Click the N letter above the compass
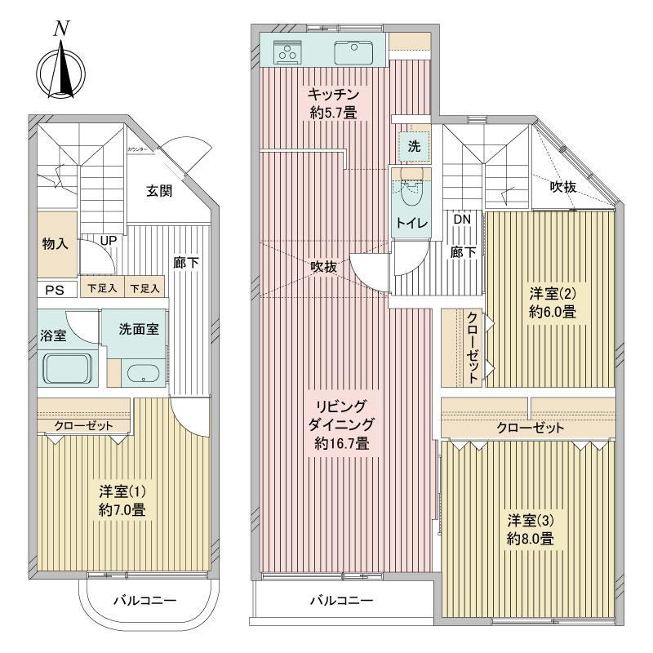tap(61, 29)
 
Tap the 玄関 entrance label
tap(159, 191)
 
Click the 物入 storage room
tap(57, 244)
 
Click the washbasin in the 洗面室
tap(143, 373)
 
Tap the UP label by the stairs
tap(109, 241)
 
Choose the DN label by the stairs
tap(462, 220)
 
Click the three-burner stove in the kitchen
tap(287, 52)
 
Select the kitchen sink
tap(353, 53)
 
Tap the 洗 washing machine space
tap(414, 146)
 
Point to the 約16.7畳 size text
tap(342, 443)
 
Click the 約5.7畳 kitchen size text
tap(333, 113)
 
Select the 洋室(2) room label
tap(553, 294)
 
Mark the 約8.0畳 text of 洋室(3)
tap(530, 539)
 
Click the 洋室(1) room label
tap(122, 492)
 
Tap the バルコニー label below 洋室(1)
tap(145, 601)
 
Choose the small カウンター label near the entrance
tap(137, 149)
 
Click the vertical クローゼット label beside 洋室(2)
tap(473, 348)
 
